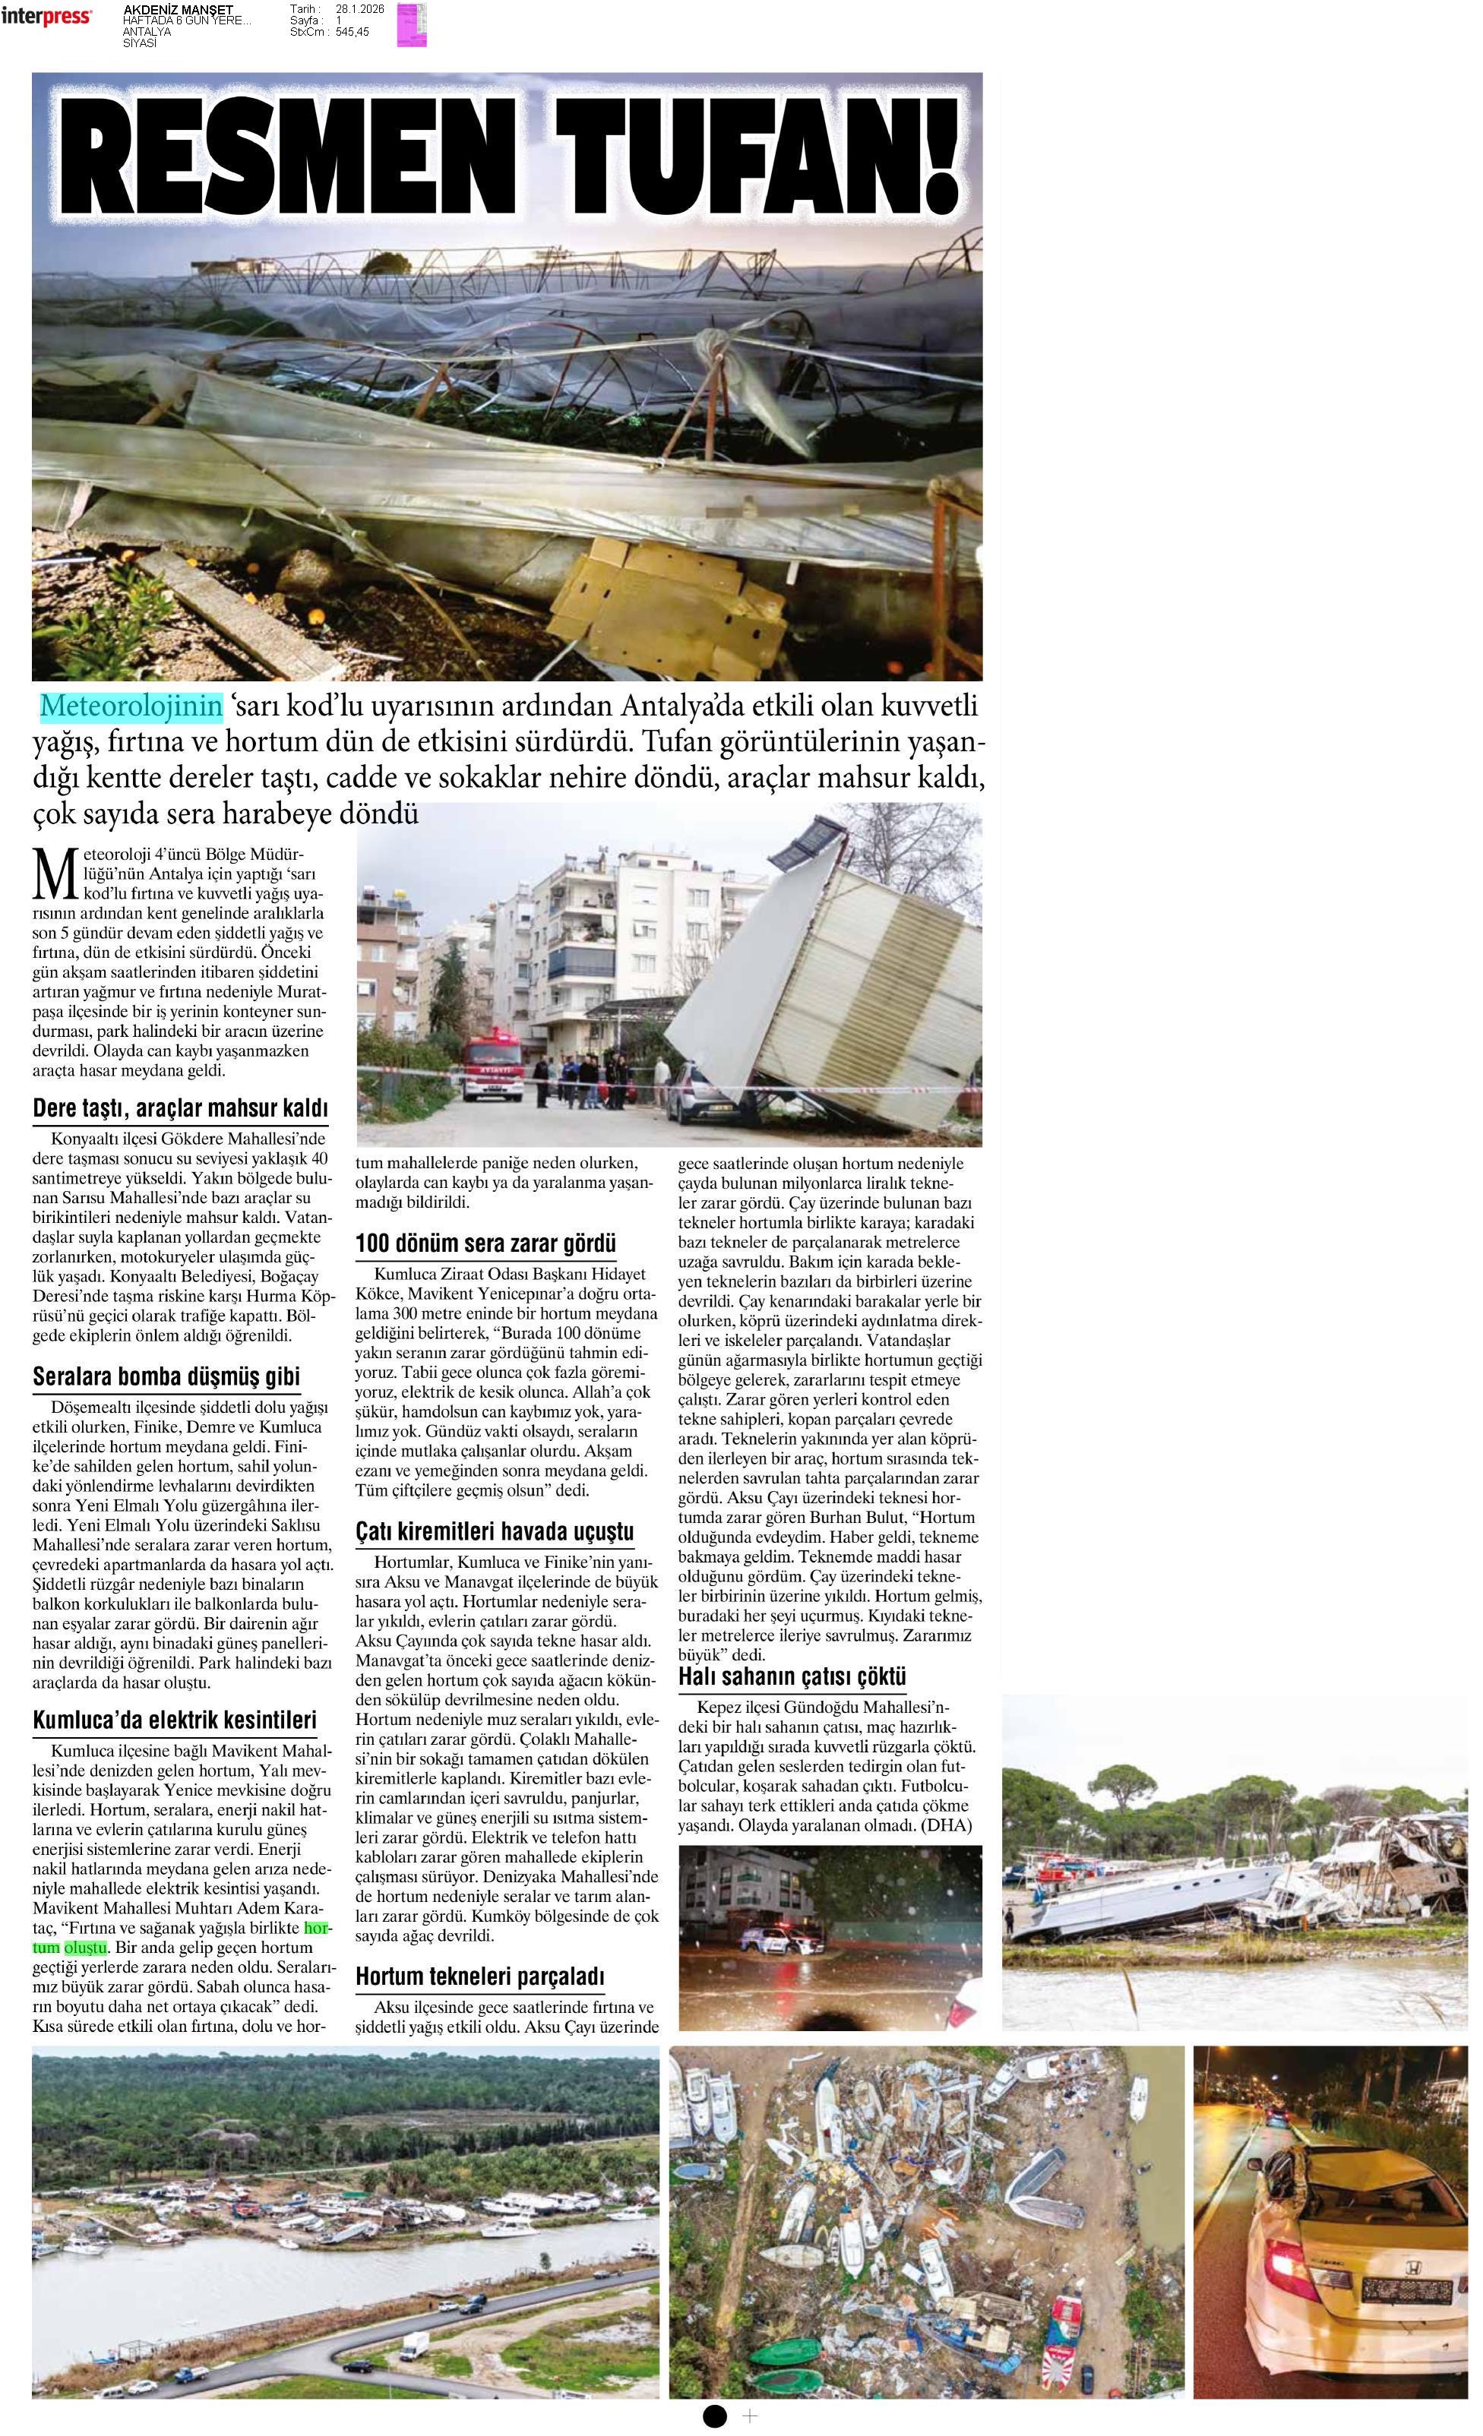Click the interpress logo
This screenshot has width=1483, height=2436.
(46, 17)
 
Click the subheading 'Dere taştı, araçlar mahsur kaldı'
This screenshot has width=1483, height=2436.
(180, 1108)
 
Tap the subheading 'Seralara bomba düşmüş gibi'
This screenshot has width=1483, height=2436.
(166, 1376)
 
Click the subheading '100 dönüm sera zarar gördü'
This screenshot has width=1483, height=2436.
(485, 1243)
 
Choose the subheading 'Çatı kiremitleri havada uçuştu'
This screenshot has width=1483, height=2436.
(495, 1531)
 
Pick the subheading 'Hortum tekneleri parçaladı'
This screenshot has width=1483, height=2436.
(479, 1976)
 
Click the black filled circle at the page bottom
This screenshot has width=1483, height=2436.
(715, 2415)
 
